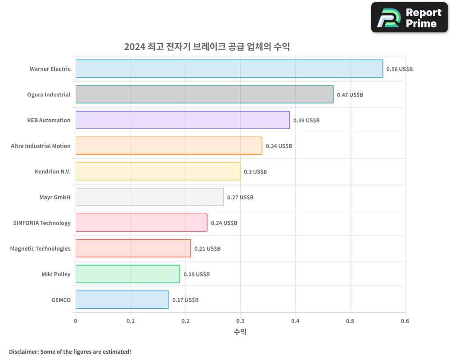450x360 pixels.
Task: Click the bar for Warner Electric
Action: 229,69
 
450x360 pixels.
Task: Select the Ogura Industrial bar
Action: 204,94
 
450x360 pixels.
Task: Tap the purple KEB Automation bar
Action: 182,120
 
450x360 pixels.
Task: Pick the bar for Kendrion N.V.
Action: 157,171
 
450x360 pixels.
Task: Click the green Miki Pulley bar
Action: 127,274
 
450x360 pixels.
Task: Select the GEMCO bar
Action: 122,300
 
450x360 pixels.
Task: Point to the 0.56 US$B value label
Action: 399,69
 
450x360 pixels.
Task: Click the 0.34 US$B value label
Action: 279,146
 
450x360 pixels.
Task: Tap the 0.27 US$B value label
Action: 240,198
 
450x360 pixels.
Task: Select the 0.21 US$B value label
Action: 207,249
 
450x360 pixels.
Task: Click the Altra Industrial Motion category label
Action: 40,146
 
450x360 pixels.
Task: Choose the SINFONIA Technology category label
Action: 42,223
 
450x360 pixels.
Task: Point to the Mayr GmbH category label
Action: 55,197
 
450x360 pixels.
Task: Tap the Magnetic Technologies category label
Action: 40,248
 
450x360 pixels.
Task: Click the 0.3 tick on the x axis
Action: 240,321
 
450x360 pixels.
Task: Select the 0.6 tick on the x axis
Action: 405,321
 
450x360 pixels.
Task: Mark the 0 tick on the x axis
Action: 76,321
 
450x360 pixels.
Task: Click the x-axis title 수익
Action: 240,332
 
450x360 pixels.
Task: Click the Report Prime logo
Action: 409,18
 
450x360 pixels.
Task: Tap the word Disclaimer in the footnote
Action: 23,351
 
